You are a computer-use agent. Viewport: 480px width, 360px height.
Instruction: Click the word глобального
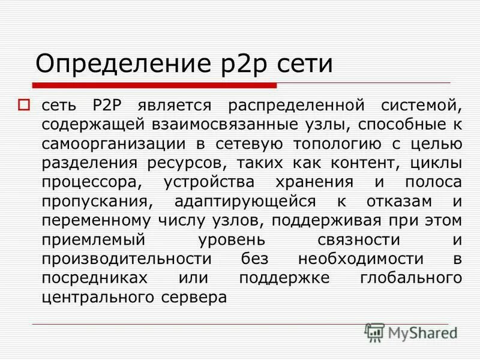point(410,278)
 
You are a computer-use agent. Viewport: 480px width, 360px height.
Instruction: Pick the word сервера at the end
point(196,298)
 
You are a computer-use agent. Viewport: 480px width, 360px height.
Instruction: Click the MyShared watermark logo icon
point(375,332)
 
